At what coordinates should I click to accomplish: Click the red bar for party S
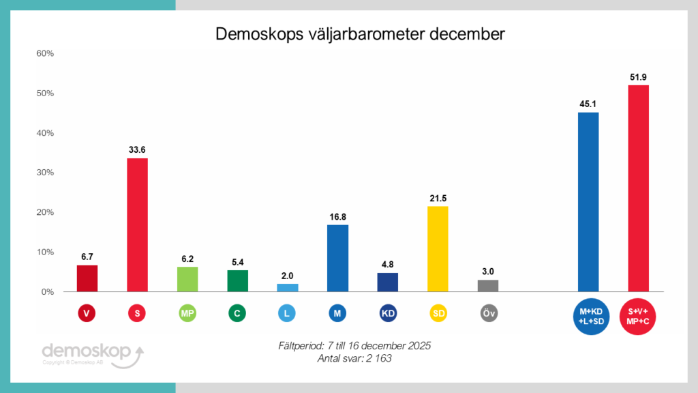[x=137, y=225]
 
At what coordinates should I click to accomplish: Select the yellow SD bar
[x=438, y=249]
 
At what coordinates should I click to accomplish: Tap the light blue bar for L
[x=288, y=287]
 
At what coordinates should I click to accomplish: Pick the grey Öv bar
[x=488, y=285]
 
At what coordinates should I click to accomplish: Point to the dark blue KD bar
[x=387, y=282]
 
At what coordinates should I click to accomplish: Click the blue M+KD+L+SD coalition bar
[x=588, y=202]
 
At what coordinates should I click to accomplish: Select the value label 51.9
[x=639, y=77]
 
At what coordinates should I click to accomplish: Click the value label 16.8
[x=337, y=217]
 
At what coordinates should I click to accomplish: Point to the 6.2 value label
[x=187, y=259]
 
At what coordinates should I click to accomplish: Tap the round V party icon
[x=87, y=313]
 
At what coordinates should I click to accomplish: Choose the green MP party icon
[x=187, y=313]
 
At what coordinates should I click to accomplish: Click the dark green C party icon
[x=237, y=313]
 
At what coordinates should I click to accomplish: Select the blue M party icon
[x=337, y=313]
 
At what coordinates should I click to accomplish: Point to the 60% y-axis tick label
[x=44, y=53]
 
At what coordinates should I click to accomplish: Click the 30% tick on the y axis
[x=44, y=173]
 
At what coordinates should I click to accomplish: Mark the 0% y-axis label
[x=46, y=292]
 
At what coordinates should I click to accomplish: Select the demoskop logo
[x=91, y=353]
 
